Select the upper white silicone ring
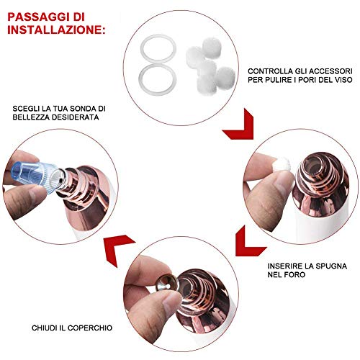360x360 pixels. click(x=158, y=48)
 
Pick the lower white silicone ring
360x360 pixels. click(x=158, y=79)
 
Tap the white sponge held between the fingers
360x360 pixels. click(x=282, y=164)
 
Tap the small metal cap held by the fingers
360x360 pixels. click(x=166, y=284)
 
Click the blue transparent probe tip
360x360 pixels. click(x=36, y=176)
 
